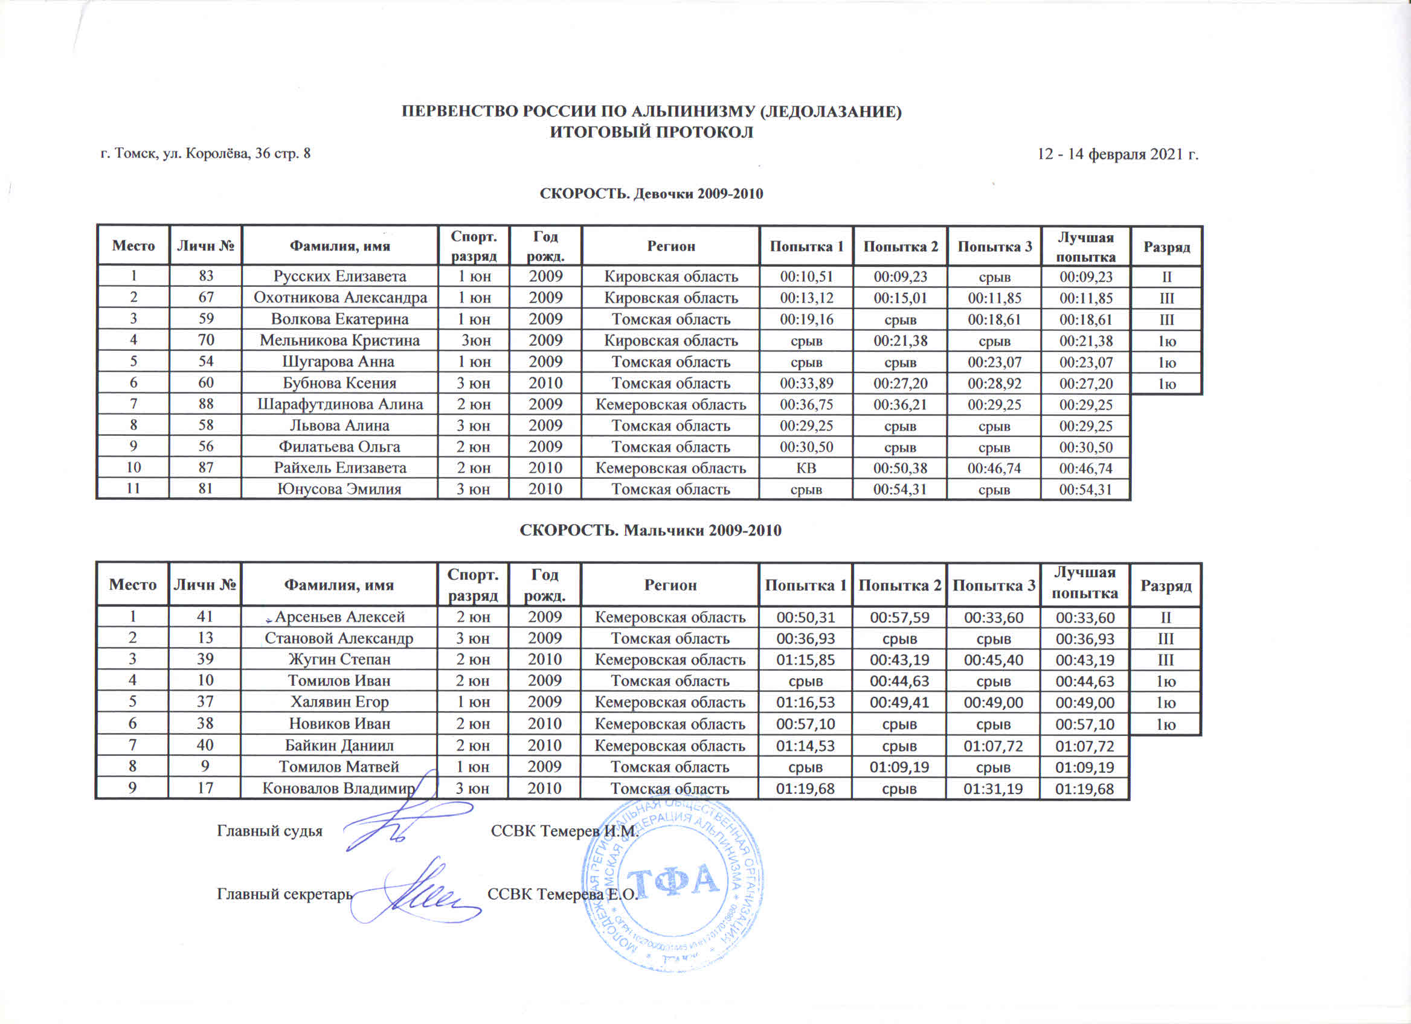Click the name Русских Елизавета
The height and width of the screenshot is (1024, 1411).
click(x=339, y=276)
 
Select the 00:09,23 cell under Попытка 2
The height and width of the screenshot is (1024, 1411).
click(x=899, y=277)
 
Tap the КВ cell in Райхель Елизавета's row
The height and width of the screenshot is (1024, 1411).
click(x=806, y=467)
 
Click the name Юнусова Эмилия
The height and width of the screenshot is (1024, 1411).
click(x=339, y=489)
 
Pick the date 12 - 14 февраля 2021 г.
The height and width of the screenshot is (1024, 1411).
click(x=1117, y=153)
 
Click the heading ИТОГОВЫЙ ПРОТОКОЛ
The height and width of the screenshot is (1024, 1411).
click(x=651, y=132)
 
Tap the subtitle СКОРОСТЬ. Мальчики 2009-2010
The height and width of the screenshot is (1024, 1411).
click(x=650, y=530)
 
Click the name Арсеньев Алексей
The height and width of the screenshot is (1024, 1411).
click(x=339, y=617)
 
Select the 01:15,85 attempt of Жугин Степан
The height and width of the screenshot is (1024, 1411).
click(x=806, y=660)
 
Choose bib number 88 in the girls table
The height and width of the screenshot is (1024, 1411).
click(x=206, y=404)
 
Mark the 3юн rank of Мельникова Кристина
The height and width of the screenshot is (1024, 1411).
click(x=476, y=341)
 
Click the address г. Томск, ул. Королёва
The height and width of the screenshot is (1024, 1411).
click(x=206, y=153)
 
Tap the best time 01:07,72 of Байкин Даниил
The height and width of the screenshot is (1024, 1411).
click(x=1084, y=746)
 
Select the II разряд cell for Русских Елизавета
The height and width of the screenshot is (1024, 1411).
click(x=1166, y=277)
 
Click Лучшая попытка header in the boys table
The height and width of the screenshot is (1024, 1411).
click(x=1084, y=584)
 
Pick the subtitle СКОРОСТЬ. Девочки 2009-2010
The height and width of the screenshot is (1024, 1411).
click(x=651, y=193)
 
